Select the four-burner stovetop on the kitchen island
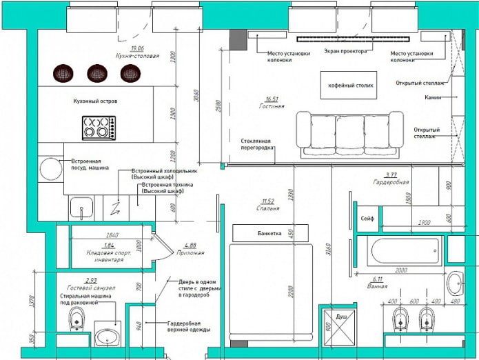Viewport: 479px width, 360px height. point(99,128)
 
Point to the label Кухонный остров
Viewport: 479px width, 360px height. point(95,101)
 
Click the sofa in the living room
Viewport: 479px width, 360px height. point(349,130)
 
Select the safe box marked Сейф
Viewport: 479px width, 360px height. point(367,219)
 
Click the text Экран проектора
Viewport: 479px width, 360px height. point(345,52)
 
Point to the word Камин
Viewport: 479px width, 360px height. point(434,98)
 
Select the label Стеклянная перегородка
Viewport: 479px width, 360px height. point(258,144)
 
